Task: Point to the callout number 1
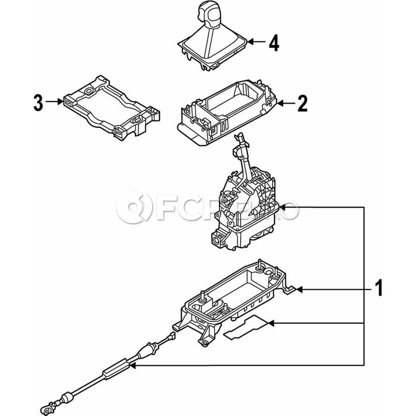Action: (x=379, y=288)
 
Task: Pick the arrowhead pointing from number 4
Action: (x=251, y=42)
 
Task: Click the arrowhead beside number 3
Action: (x=60, y=101)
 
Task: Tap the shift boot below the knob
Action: (x=212, y=50)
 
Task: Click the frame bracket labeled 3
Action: (x=111, y=107)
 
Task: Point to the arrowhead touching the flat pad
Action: (x=271, y=323)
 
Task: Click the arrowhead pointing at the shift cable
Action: (x=133, y=366)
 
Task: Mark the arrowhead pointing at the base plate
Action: (x=299, y=289)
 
